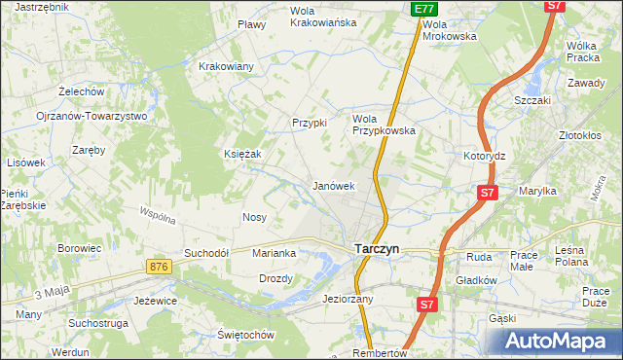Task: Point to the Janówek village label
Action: pyautogui.click(x=332, y=185)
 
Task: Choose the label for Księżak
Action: pyautogui.click(x=243, y=154)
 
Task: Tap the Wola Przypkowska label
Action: pyautogui.click(x=384, y=124)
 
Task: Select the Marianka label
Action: pyautogui.click(x=274, y=253)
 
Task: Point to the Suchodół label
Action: pyautogui.click(x=205, y=253)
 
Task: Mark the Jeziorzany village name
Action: pyautogui.click(x=348, y=300)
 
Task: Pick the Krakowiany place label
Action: pyautogui.click(x=226, y=66)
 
